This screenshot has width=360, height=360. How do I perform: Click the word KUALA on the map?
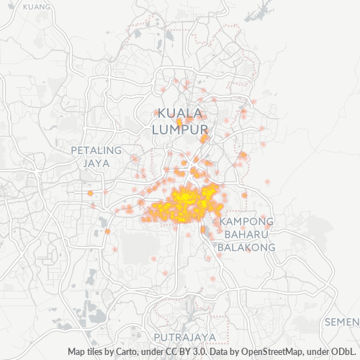click(180, 113)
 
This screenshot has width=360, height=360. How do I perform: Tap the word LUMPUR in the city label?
click(180, 128)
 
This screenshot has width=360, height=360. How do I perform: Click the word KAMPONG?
click(247, 221)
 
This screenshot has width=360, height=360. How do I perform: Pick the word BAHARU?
click(247, 234)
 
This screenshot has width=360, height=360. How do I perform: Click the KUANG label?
click(37, 6)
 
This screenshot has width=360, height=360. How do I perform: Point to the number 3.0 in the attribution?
click(196, 352)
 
